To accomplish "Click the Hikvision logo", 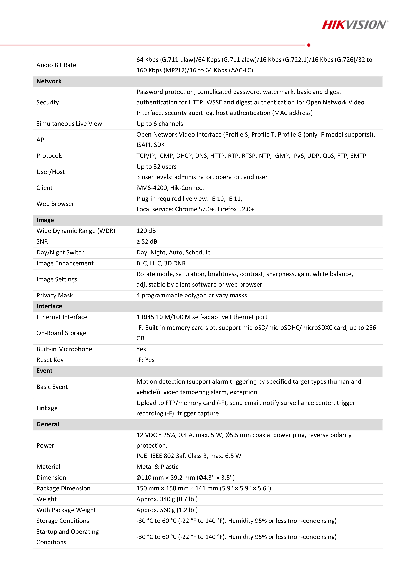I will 355,25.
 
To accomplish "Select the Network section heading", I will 49,81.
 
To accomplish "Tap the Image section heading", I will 45,220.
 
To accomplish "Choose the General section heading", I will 48,424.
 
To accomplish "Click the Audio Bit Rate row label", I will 56,65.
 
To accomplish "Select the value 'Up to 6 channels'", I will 160,124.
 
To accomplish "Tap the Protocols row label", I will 49,156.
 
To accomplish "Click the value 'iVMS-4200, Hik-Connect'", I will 170,188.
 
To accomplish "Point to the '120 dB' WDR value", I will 146,231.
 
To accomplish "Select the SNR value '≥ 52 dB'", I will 147,242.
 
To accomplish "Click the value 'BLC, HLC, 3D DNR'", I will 161,263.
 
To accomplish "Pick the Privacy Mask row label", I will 55,295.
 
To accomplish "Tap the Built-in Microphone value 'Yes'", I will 141,349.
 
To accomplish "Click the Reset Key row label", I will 50,360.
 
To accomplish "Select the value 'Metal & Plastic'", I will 157,467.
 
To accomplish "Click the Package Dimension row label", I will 63,488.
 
